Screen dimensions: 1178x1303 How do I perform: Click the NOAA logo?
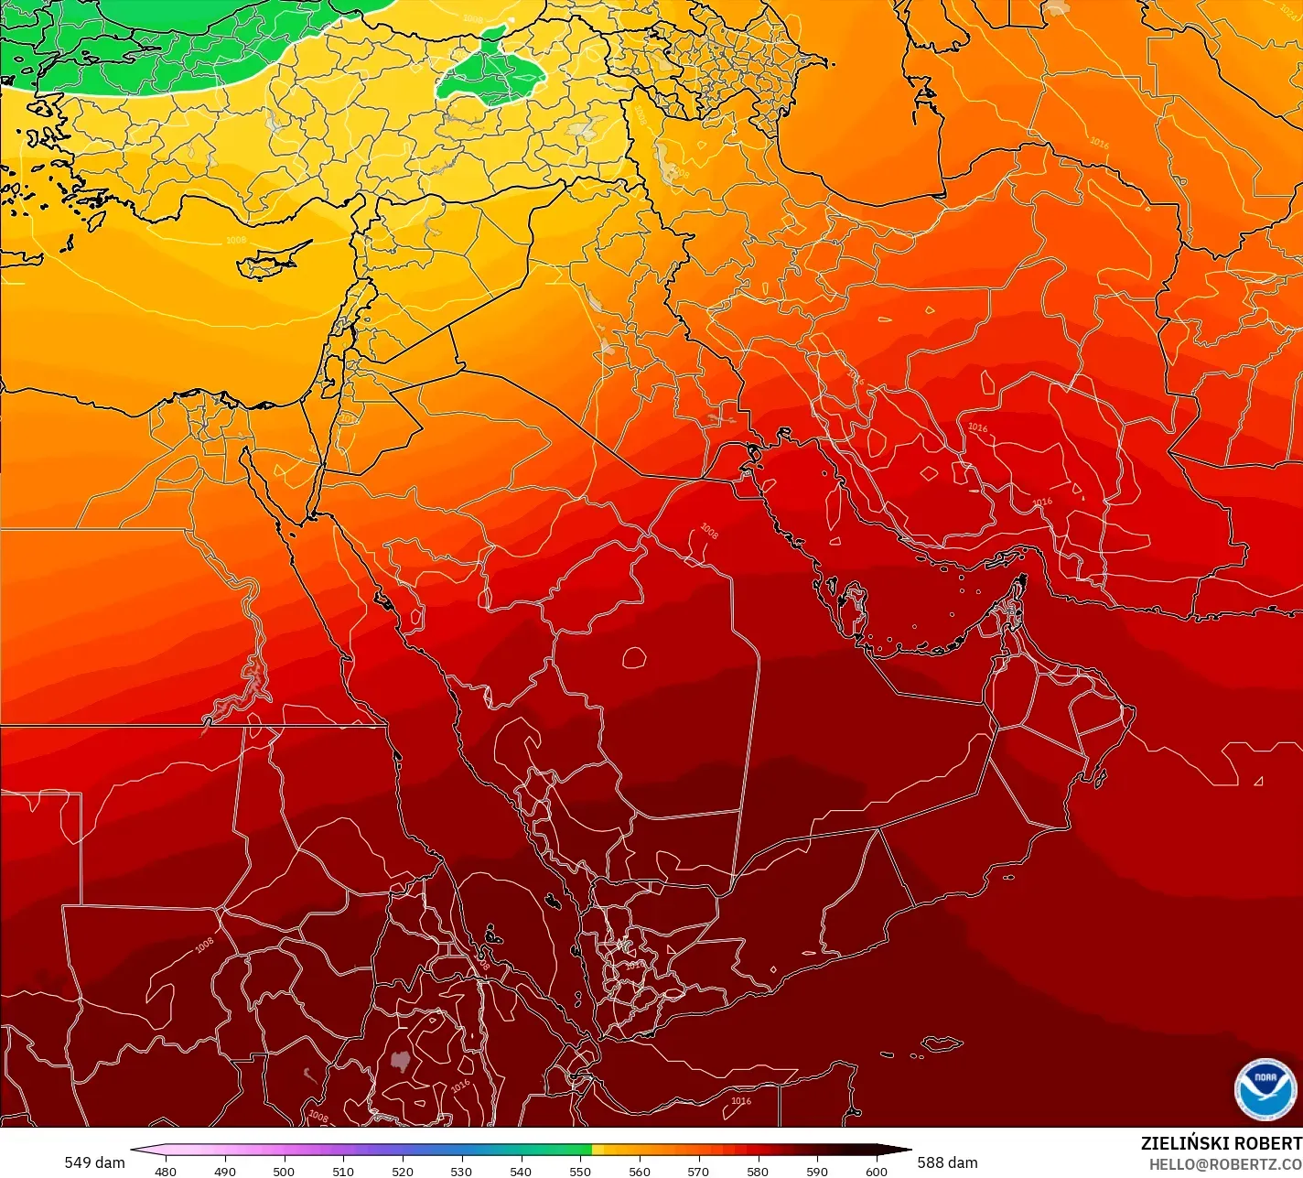tap(1265, 1088)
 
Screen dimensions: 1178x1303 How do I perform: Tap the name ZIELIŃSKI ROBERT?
tap(1221, 1143)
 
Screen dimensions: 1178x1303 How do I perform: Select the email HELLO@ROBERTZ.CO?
tap(1225, 1164)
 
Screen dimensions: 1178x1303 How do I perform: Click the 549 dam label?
tap(94, 1162)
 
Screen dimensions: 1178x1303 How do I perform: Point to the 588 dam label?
tap(947, 1162)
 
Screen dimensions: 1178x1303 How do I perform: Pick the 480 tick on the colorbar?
tap(166, 1170)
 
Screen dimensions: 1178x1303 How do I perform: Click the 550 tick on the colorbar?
tap(580, 1170)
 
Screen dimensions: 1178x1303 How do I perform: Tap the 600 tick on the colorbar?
tap(877, 1170)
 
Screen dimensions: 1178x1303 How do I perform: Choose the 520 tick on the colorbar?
tap(403, 1170)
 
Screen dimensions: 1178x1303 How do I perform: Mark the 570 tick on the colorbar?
tap(698, 1170)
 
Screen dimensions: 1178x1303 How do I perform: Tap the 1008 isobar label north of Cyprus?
tap(235, 240)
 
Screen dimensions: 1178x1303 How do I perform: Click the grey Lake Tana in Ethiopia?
tap(399, 1061)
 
